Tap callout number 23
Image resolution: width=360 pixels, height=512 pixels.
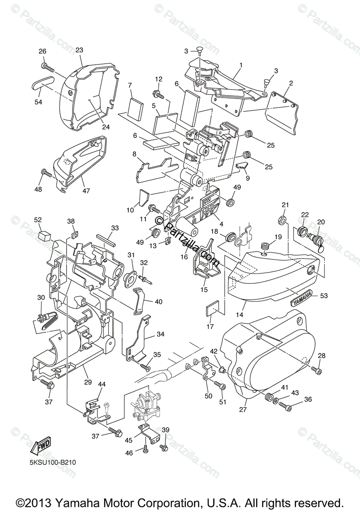79,50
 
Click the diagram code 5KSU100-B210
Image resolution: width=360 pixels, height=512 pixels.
49,462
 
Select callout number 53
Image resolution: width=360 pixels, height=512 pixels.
324,295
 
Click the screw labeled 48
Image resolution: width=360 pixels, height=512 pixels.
46,173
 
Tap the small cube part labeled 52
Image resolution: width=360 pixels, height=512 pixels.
44,234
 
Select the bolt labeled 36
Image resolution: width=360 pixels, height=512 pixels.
285,407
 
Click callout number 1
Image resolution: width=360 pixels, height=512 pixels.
240,65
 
